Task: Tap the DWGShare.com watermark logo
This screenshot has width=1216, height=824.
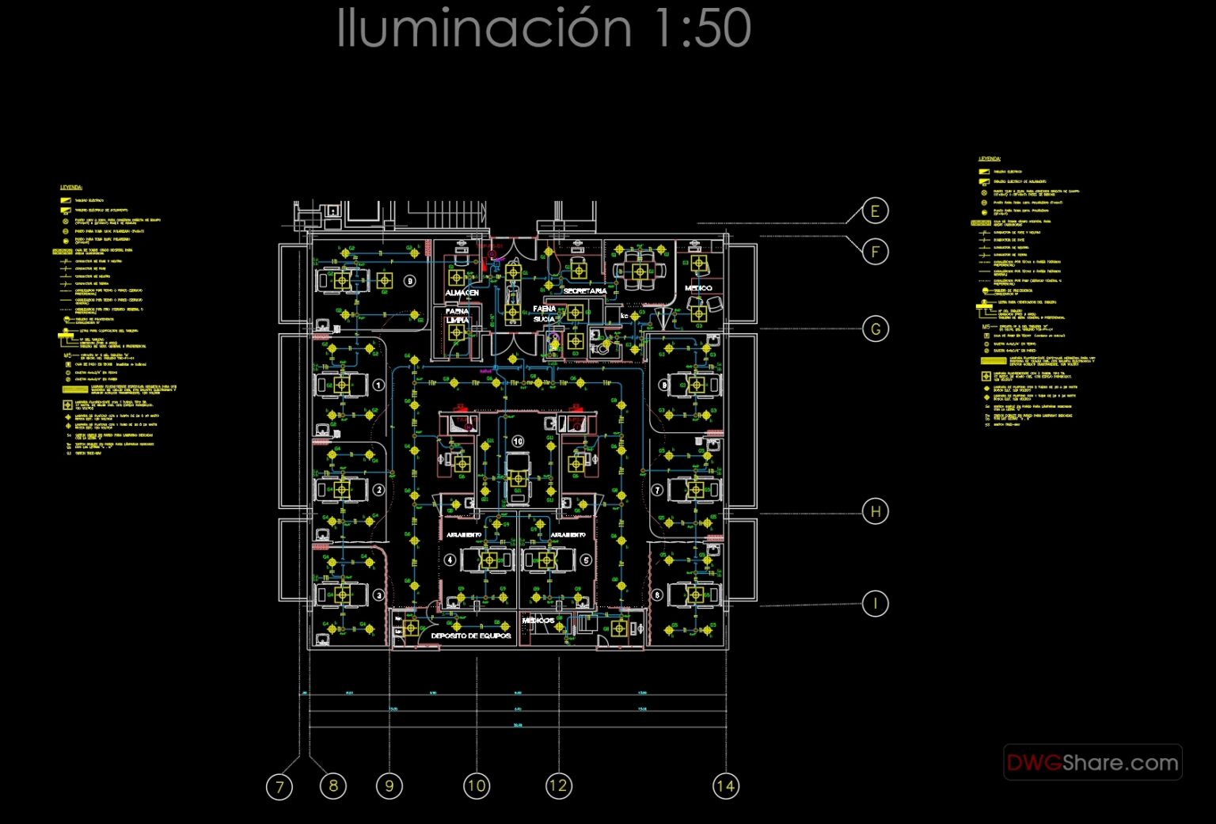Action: pos(1092,762)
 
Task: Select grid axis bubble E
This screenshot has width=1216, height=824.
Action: pos(875,211)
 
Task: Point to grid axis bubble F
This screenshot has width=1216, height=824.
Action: pos(875,252)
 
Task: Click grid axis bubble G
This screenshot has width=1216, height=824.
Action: pos(875,328)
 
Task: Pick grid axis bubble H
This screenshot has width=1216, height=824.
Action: pos(875,511)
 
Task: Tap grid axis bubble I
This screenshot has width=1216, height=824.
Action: pos(875,603)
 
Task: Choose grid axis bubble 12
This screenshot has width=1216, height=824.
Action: pos(558,786)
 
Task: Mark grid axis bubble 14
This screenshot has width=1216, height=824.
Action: pos(725,786)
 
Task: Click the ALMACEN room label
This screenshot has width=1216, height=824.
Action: pos(462,293)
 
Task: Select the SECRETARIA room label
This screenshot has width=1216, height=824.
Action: pos(584,291)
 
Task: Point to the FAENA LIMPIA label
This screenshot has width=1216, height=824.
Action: pos(457,316)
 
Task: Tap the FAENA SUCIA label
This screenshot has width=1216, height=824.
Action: pos(544,313)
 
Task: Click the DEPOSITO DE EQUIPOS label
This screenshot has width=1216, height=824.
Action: pos(470,636)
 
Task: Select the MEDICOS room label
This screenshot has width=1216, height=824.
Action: pos(538,621)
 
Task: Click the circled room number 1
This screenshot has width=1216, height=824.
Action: pos(378,385)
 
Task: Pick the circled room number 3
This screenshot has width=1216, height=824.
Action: pos(378,595)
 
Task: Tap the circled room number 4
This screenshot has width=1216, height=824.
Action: pos(450,560)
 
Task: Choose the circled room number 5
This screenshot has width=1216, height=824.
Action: pos(586,560)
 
